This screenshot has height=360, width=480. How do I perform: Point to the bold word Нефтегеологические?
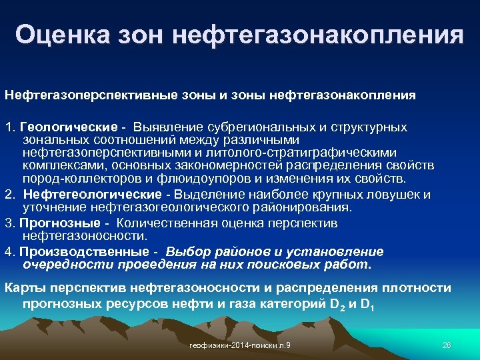[x=92, y=195]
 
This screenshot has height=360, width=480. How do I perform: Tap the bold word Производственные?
[x=83, y=251]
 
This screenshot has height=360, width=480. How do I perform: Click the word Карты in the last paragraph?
[x=22, y=288]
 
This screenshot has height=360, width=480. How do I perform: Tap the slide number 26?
[x=447, y=345]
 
